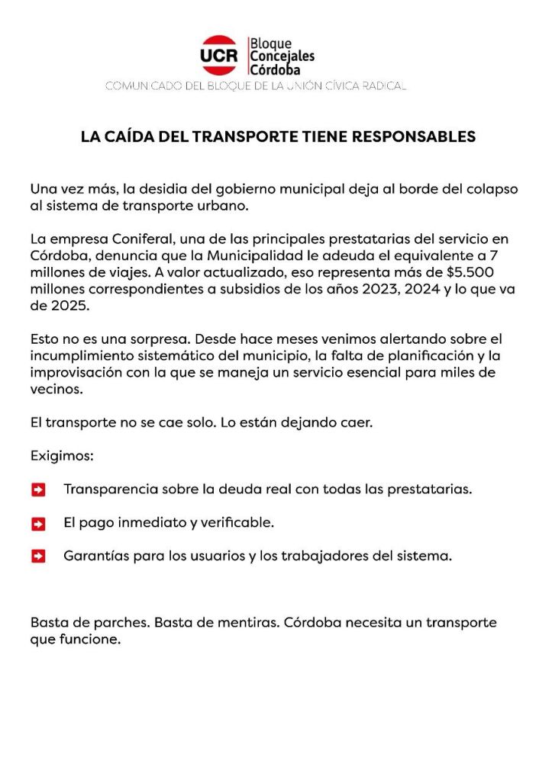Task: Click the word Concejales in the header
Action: point(282,56)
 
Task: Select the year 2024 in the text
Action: point(402,290)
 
